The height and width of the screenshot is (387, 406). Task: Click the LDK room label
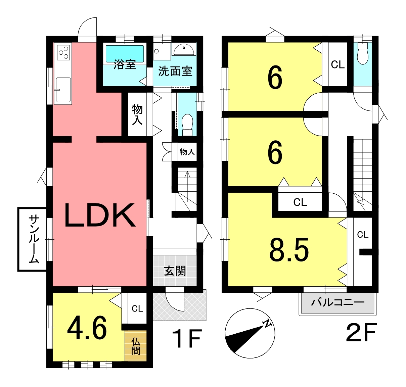(100, 215)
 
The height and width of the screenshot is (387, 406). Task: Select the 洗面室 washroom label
(175, 71)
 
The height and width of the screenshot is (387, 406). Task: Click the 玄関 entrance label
(175, 271)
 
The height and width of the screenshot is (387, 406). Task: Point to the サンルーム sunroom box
(32, 239)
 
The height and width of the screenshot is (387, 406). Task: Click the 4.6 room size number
(87, 328)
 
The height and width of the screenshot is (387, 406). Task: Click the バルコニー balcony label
(337, 302)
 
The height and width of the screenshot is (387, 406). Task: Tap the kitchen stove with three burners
(63, 52)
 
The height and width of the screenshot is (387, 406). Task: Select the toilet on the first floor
(187, 125)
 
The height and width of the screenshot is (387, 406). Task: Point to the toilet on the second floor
(363, 53)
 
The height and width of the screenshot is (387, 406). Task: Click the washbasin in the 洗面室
(184, 50)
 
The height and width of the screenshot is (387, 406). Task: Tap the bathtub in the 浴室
(125, 54)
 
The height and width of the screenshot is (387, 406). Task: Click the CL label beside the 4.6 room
(137, 309)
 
